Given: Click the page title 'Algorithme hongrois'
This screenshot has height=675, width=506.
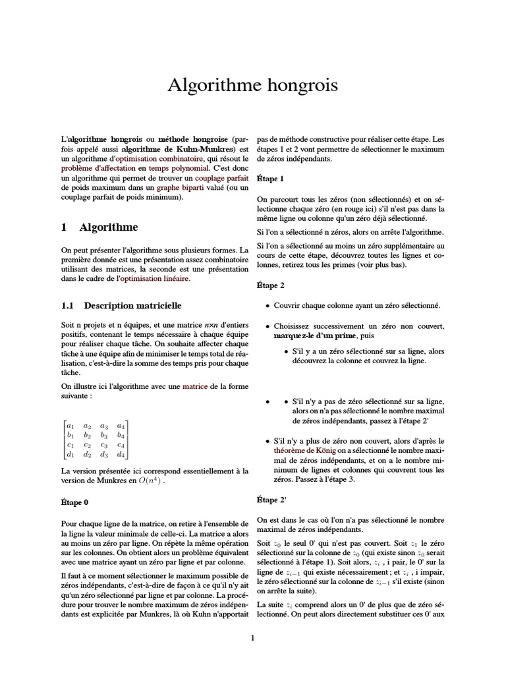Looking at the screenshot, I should pyautogui.click(x=253, y=85).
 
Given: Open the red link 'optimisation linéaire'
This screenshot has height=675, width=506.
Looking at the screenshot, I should pyautogui.click(x=153, y=279).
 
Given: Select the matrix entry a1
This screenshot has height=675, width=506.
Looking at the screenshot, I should pyautogui.click(x=71, y=425).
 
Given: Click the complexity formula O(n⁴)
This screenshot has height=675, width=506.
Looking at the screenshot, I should pyautogui.click(x=149, y=482).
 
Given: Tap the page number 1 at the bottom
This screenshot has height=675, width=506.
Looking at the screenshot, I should pyautogui.click(x=253, y=637).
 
